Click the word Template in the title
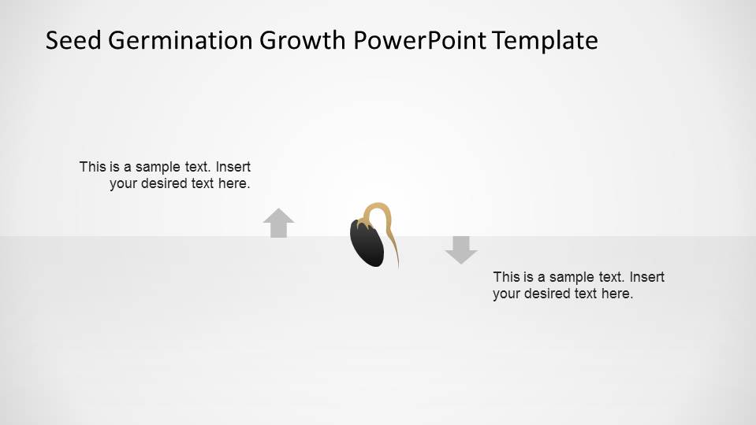pyautogui.click(x=546, y=40)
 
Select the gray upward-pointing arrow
pyautogui.click(x=278, y=223)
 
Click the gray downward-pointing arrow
pyautogui.click(x=461, y=249)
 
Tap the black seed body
pyautogui.click(x=367, y=243)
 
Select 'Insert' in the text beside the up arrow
pyautogui.click(x=233, y=167)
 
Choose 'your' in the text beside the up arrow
pyautogui.click(x=123, y=183)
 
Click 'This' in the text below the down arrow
pyautogui.click(x=506, y=277)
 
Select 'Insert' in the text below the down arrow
pyautogui.click(x=647, y=277)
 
